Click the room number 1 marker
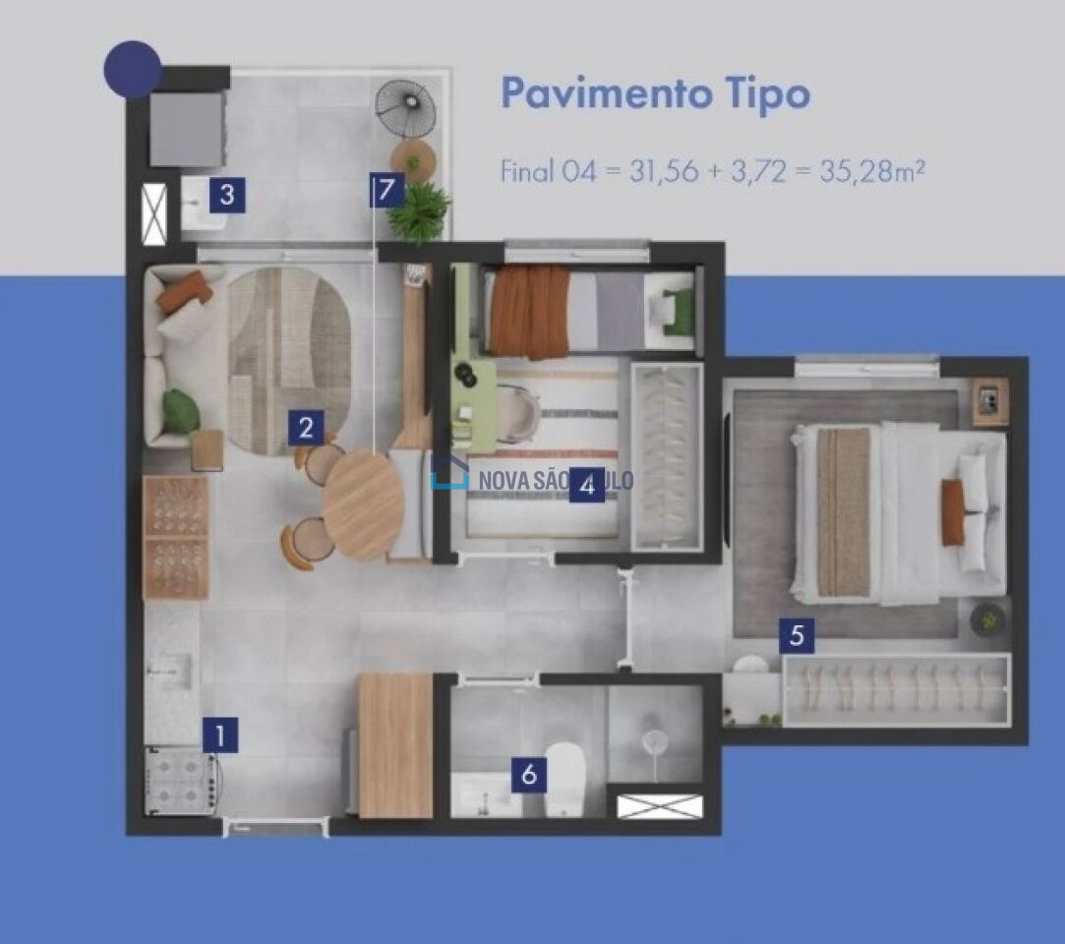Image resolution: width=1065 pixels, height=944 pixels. tap(220, 735)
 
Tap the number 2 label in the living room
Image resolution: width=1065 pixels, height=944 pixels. tap(306, 428)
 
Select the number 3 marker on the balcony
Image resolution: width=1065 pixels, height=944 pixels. tap(227, 195)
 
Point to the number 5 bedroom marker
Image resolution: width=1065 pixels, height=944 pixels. tap(797, 635)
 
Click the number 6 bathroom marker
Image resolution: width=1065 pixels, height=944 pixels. tap(529, 774)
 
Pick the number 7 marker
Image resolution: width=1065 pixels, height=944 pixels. tap(386, 190)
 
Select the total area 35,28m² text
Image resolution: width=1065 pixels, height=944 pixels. tap(872, 170)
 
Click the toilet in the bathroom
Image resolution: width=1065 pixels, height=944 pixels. tap(565, 779)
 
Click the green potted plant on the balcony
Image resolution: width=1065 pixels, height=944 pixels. tap(419, 209)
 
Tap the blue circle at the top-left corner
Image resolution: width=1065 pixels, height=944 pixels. tap(133, 69)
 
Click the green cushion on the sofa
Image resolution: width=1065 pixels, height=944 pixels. tap(181, 410)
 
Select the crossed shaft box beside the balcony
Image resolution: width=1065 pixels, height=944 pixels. tap(154, 214)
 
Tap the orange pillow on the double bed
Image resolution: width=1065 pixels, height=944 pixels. tap(954, 512)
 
